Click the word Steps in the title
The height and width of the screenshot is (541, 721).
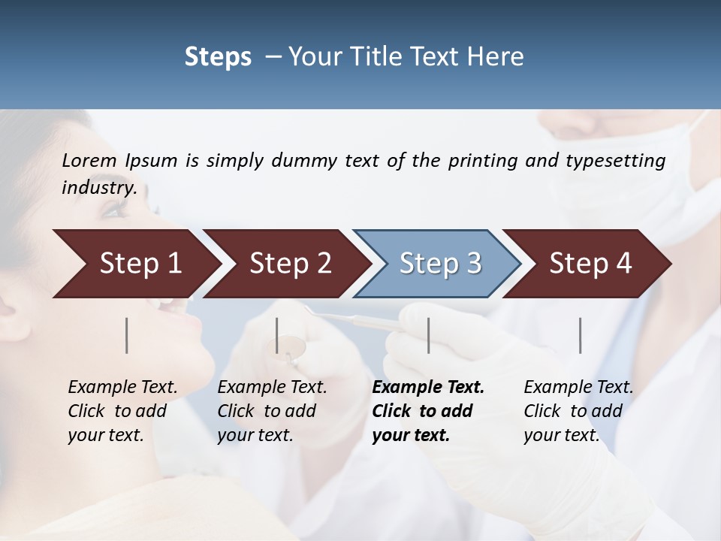click(218, 57)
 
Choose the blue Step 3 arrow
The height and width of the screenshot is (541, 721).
click(439, 264)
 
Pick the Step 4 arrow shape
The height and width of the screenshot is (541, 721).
click(589, 264)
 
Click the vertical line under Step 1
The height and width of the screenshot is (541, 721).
click(127, 335)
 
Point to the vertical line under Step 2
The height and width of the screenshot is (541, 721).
click(277, 335)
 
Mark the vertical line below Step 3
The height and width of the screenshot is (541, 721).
click(428, 335)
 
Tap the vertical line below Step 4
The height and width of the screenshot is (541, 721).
click(580, 335)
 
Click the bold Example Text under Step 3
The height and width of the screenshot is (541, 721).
click(428, 388)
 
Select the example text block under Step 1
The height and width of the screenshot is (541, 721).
click(122, 411)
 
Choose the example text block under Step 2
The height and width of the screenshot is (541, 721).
click(272, 411)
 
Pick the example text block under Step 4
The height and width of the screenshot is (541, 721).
click(578, 411)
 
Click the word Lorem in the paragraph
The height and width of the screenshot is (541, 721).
click(89, 161)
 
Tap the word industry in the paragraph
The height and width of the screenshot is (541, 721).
click(98, 188)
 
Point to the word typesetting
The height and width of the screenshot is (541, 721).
click(614, 161)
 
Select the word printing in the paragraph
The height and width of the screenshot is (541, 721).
click(483, 161)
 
